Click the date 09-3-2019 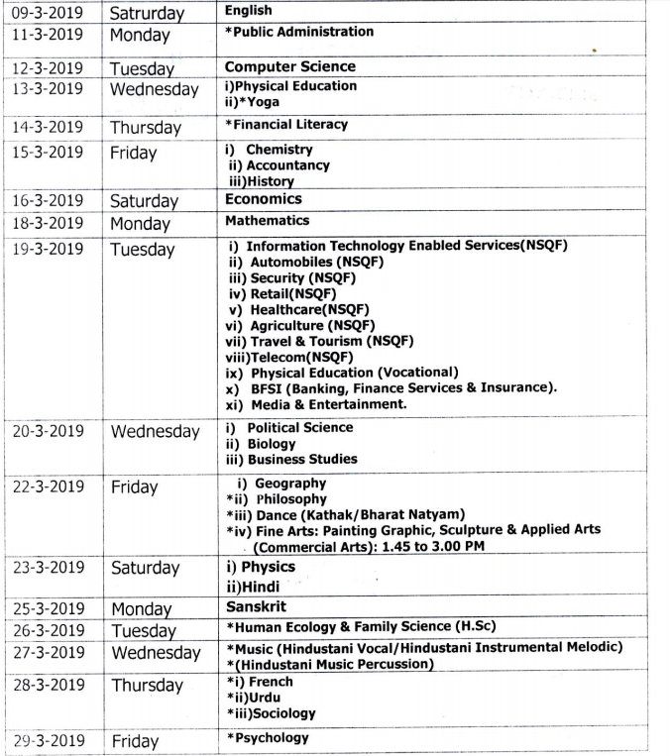click(47, 13)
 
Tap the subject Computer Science click(289, 66)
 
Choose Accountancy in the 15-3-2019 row click(287, 165)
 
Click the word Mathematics click(267, 221)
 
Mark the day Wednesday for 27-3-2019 click(156, 653)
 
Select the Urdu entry click(269, 698)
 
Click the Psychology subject click(271, 737)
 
